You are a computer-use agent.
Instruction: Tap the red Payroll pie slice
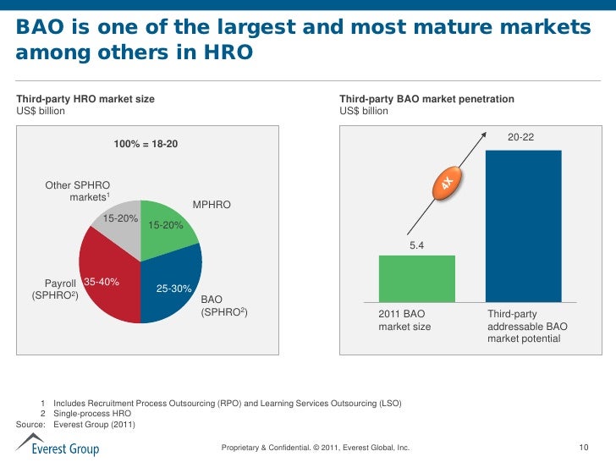[110, 283]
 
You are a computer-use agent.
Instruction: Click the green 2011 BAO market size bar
[416, 278]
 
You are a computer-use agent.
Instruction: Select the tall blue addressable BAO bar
[524, 225]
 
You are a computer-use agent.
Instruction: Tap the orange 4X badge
[448, 184]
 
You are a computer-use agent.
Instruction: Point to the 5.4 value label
[416, 245]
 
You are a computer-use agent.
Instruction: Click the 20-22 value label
[520, 138]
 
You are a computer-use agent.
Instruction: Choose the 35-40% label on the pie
[102, 282]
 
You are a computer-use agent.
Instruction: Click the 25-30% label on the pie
[174, 289]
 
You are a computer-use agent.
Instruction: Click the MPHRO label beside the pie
[212, 206]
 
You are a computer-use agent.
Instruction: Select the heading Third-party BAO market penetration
[426, 99]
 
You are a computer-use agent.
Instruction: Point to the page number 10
[583, 447]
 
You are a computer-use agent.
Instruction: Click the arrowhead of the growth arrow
[485, 132]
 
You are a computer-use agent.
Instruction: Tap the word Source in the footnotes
[32, 425]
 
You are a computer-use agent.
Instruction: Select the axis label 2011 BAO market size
[404, 320]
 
